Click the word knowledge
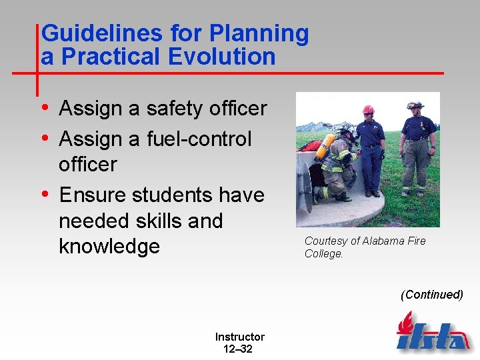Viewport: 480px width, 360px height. [109, 246]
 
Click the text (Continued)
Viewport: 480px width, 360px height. [431, 295]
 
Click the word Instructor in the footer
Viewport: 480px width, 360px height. [239, 337]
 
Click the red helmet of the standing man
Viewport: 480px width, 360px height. [368, 109]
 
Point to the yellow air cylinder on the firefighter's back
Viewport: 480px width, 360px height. [325, 146]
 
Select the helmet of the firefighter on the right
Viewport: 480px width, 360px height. [415, 105]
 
